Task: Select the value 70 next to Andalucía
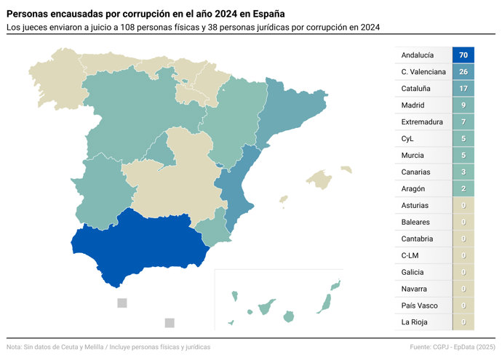pos(463,55)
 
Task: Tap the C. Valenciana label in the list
pos(423,72)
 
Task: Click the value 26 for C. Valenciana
pos(463,72)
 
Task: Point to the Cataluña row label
pos(416,89)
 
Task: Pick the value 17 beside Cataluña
pos(463,89)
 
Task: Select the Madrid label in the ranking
pos(413,105)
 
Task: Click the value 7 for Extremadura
pos(463,122)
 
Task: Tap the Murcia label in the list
pos(413,156)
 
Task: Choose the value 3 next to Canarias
pos(463,172)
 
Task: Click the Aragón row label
pos(413,189)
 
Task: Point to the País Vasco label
pos(419,305)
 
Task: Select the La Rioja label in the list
pos(414,322)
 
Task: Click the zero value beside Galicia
pos(463,272)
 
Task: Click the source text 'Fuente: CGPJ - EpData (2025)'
pos(453,347)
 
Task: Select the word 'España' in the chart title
pos(263,14)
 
